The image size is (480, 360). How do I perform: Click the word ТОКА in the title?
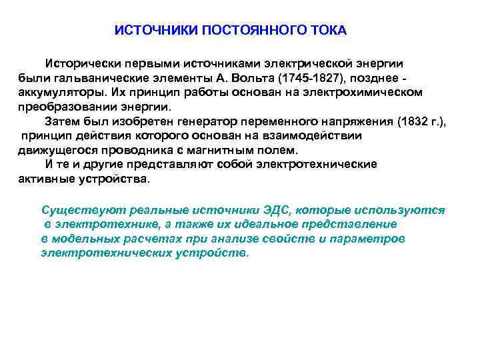328,31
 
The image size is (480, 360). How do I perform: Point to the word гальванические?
91,77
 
